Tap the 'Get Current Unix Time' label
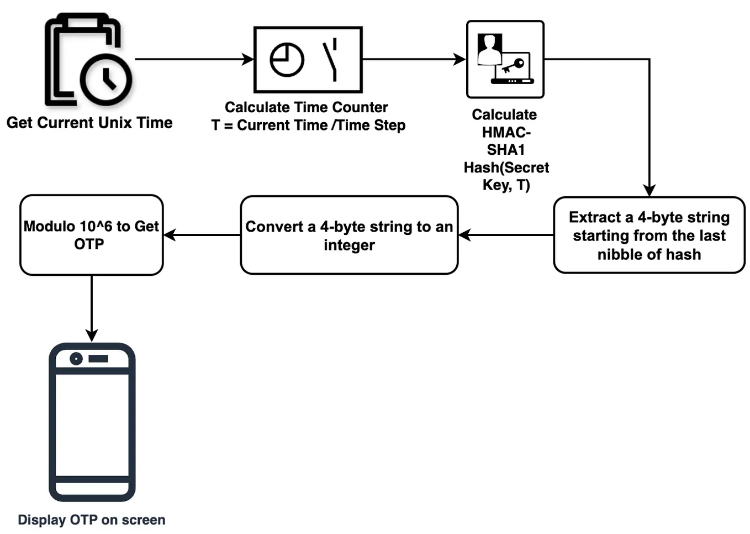click(x=89, y=123)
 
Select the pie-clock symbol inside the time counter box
click(x=287, y=59)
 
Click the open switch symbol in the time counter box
click(x=331, y=59)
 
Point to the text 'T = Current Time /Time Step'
click(x=308, y=125)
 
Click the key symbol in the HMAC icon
click(x=514, y=66)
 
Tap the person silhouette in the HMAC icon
click(x=489, y=50)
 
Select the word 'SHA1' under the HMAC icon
click(x=505, y=150)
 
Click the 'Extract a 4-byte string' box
click(x=649, y=235)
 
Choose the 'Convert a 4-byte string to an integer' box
click(x=349, y=235)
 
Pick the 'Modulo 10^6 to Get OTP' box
click(x=91, y=235)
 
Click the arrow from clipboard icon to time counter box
click(x=193, y=59)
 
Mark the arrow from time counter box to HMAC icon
click(x=414, y=59)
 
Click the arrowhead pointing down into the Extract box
click(x=649, y=190)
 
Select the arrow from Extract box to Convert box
click(x=506, y=235)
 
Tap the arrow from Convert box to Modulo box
click(x=202, y=235)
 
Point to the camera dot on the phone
click(x=76, y=359)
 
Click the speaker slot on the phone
click(x=98, y=359)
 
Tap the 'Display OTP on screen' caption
click(x=92, y=520)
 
